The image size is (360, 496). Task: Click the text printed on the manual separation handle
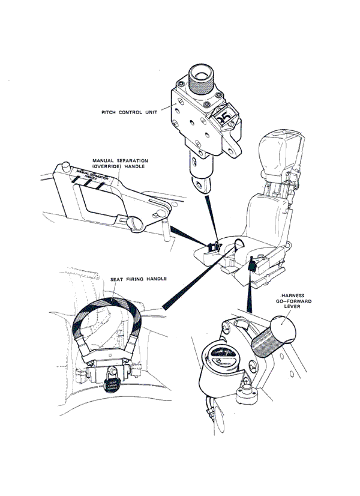point(91,175)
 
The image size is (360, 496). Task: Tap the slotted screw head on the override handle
point(135,223)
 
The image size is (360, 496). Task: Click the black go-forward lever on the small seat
point(252,264)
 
